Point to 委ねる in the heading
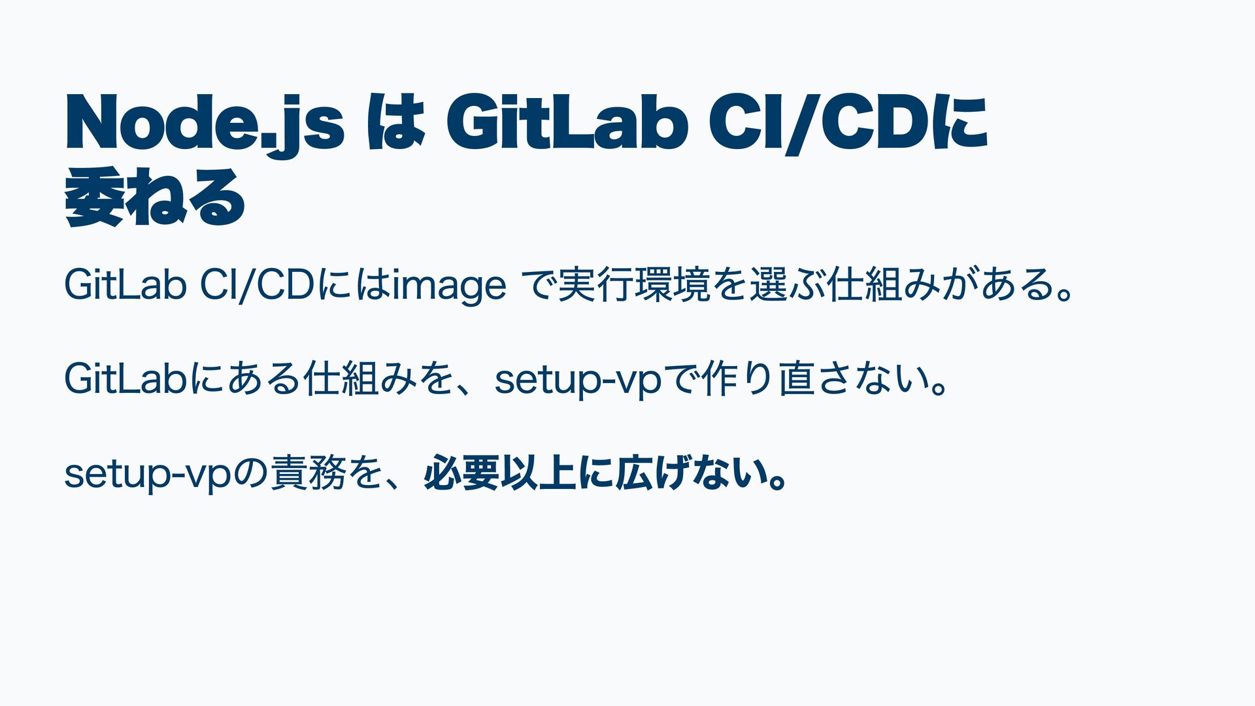(x=156, y=197)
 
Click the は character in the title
(x=393, y=124)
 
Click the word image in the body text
(x=450, y=287)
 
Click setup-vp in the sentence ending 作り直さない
(x=578, y=382)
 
